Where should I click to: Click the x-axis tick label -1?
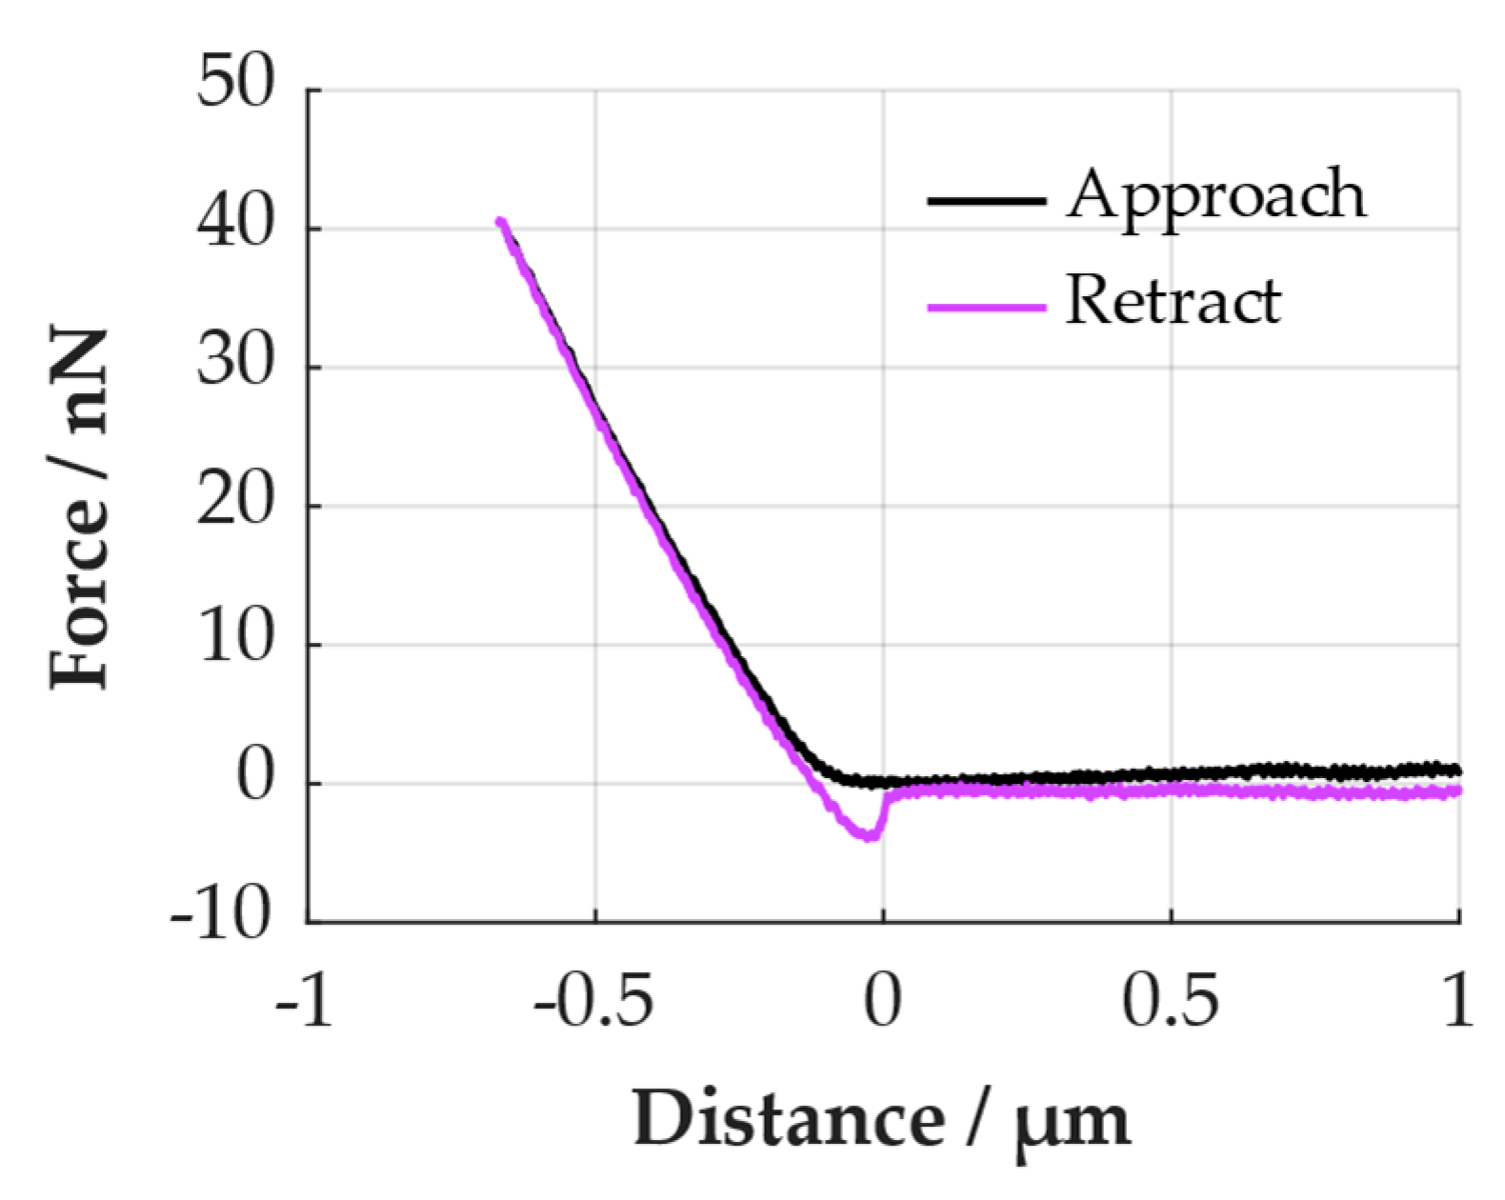pyautogui.click(x=305, y=1002)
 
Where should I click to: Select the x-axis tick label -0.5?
pyautogui.click(x=593, y=1002)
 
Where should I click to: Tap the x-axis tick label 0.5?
pyautogui.click(x=1170, y=1002)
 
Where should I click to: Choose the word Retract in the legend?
pyautogui.click(x=1174, y=301)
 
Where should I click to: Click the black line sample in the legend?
pyautogui.click(x=987, y=200)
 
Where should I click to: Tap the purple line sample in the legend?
pyautogui.click(x=987, y=307)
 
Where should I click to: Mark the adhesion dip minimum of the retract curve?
pyautogui.click(x=869, y=837)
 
